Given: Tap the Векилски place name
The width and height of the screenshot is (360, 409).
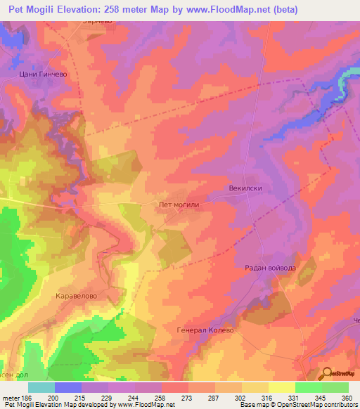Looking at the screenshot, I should [x=245, y=189].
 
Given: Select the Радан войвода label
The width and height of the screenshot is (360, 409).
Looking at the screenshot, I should [x=271, y=268].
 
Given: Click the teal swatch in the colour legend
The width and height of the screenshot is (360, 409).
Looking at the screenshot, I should [x=41, y=387].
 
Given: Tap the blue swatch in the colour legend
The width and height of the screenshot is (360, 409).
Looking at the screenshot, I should [x=68, y=387].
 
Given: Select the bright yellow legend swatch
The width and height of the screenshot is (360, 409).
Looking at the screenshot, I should [x=282, y=387].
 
